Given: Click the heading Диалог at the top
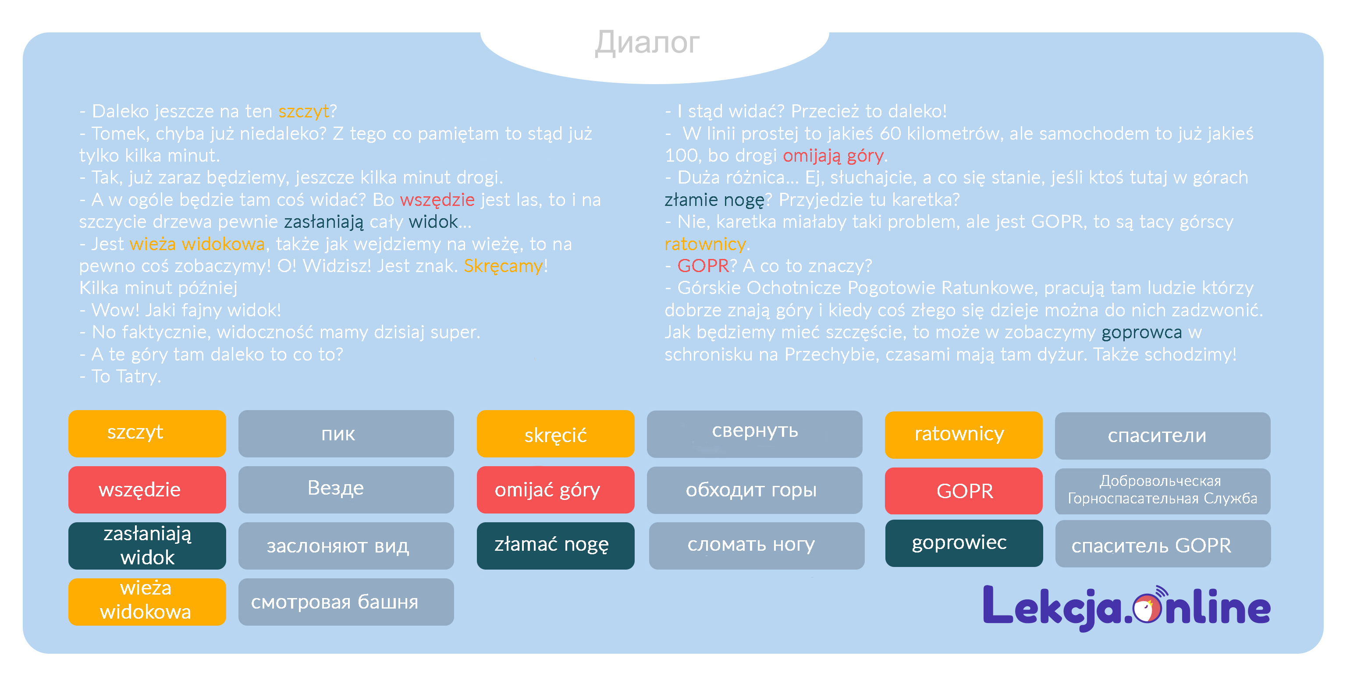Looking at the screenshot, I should (647, 42).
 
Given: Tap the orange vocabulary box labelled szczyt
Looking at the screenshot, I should (147, 434).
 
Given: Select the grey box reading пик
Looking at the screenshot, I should (346, 434).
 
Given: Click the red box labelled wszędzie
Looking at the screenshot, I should (147, 490).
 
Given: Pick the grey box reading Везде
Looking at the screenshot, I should (346, 490).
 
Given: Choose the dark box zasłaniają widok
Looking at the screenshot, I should (147, 546).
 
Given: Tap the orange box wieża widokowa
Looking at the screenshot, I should (147, 602).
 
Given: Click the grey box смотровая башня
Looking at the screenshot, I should (346, 602).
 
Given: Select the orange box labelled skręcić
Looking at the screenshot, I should (555, 434).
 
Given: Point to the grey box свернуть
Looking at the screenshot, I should (755, 434).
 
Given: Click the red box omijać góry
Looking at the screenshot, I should (555, 490).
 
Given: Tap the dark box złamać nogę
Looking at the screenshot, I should (555, 546).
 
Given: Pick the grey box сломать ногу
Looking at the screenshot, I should (756, 546).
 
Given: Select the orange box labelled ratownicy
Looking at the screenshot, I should (963, 435).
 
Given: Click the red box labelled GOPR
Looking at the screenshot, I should (963, 491).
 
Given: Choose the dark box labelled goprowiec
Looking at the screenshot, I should (963, 543).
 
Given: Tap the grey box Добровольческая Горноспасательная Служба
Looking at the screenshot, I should (1162, 491).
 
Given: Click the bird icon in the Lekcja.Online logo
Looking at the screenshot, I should (1147, 608).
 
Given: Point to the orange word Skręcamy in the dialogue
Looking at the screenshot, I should (503, 266).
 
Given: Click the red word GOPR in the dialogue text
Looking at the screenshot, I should (703, 266).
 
